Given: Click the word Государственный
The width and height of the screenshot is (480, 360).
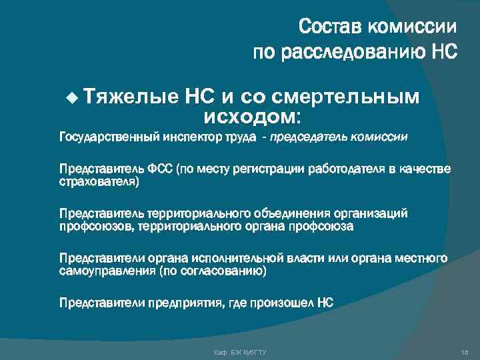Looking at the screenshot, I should pyautogui.click(x=109, y=138).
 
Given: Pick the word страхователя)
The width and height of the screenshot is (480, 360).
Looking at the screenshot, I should pyautogui.click(x=99, y=181).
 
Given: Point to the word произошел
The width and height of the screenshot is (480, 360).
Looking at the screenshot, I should pyautogui.click(x=283, y=303).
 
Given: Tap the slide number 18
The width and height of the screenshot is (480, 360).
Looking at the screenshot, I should pyautogui.click(x=465, y=351).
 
